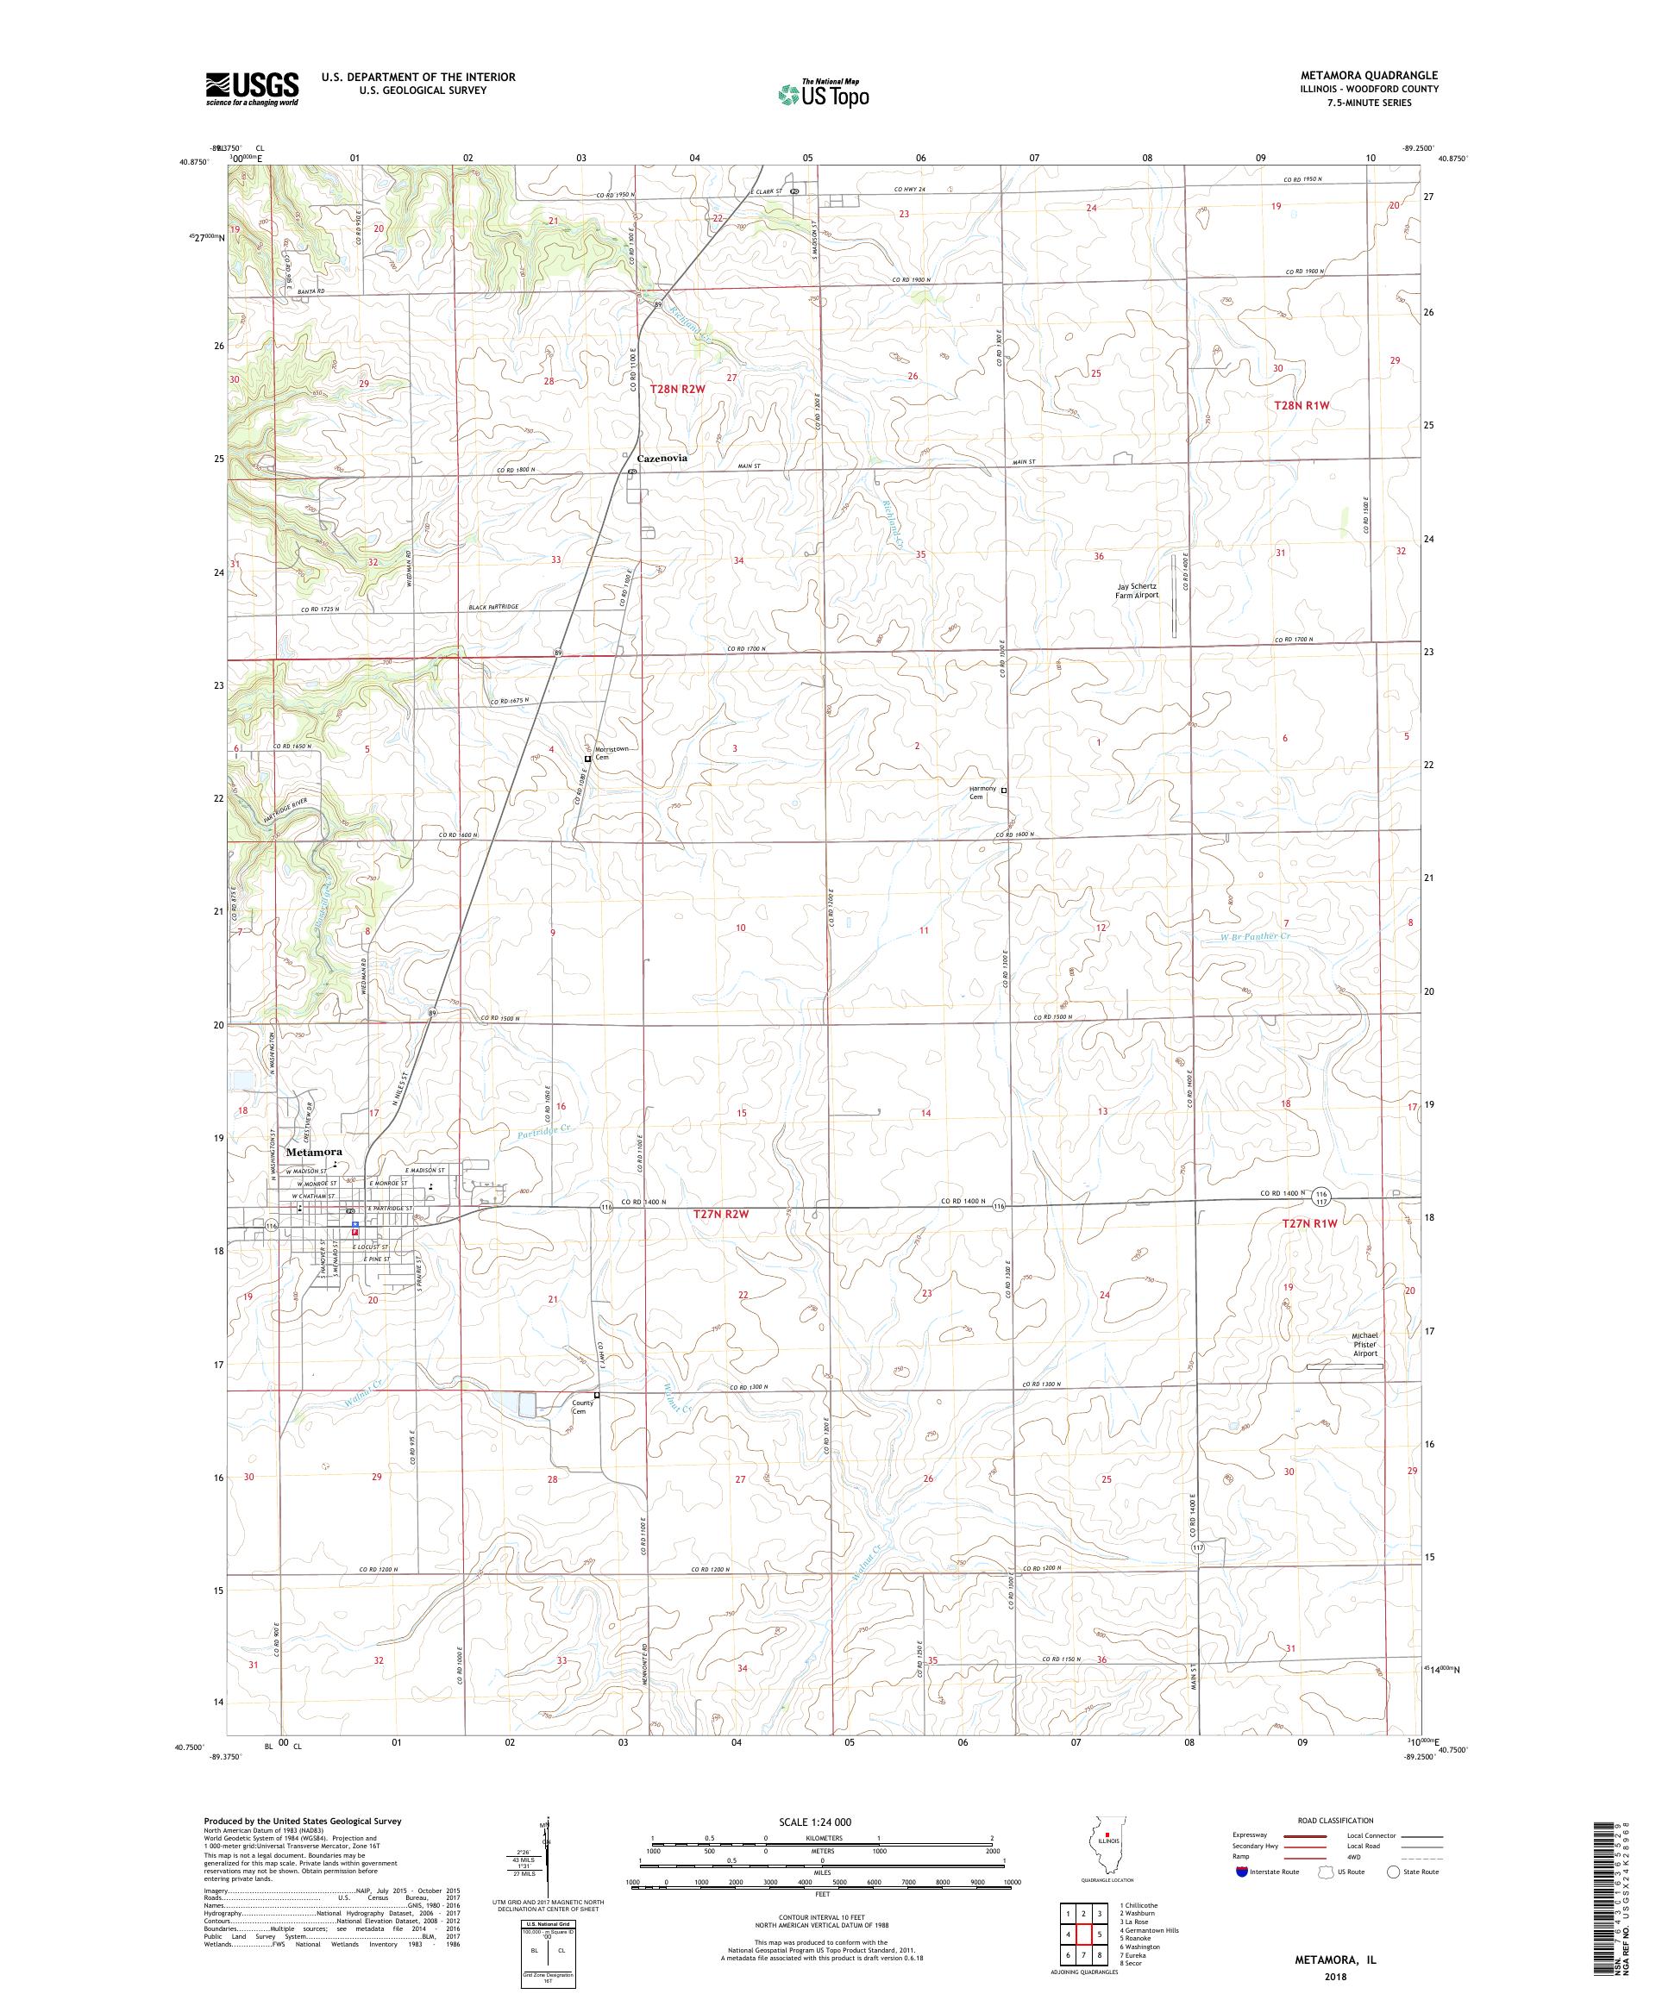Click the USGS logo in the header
pyautogui.click(x=253, y=89)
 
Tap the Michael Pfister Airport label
pyautogui.click(x=1364, y=1344)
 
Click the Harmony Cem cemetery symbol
pyautogui.click(x=1003, y=790)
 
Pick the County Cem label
pyautogui.click(x=583, y=1407)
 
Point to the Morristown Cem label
pyautogui.click(x=610, y=753)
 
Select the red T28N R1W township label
pyautogui.click(x=1301, y=405)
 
